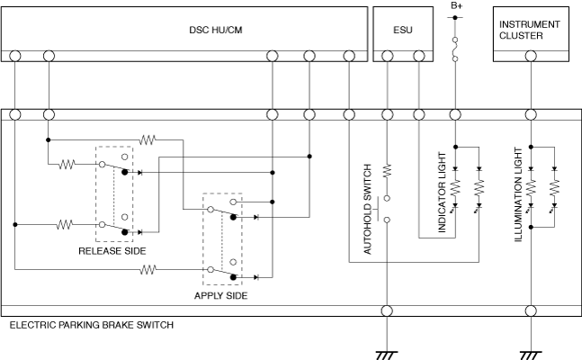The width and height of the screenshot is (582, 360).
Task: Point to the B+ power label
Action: tap(456, 6)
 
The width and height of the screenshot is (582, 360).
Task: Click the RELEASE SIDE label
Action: tap(112, 251)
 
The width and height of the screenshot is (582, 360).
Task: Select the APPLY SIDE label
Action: tap(221, 294)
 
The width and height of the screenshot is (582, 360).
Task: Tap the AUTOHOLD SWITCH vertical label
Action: tap(368, 210)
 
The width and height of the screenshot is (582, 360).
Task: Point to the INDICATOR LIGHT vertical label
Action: tap(443, 197)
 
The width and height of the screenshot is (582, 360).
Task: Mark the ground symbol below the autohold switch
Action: tap(388, 353)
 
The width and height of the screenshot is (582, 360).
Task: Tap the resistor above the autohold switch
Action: tap(388, 169)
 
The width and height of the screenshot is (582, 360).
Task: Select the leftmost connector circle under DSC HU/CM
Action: tap(15, 56)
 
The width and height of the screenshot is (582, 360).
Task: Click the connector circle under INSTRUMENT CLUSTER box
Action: tap(531, 56)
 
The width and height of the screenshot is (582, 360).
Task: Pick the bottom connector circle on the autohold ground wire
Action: tap(388, 311)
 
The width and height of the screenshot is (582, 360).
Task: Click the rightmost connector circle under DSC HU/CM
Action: tap(349, 56)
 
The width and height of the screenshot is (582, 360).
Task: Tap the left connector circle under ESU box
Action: tap(388, 56)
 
